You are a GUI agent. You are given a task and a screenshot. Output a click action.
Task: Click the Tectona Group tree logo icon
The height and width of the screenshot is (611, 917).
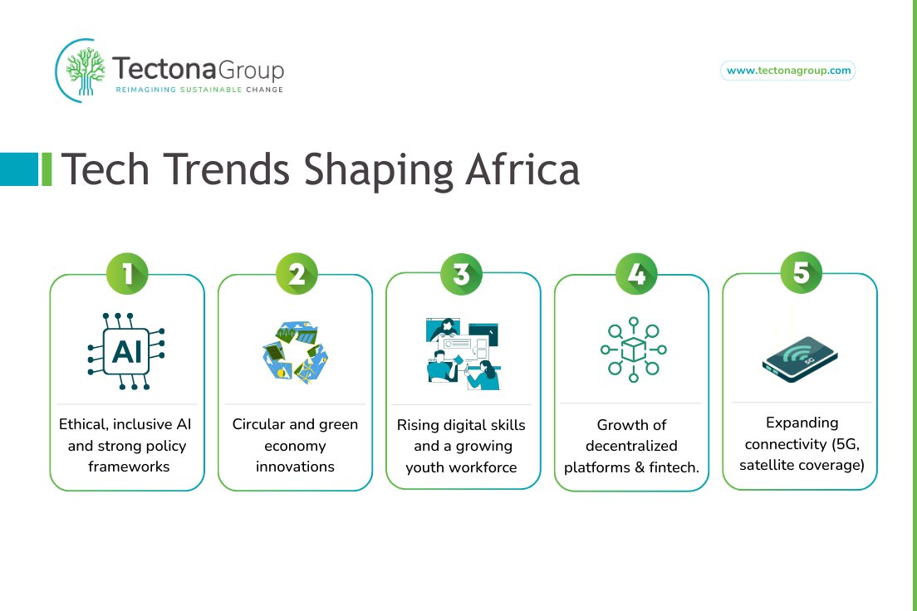[x=81, y=70]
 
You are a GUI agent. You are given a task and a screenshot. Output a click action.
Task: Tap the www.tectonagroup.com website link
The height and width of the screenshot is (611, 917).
[x=788, y=71]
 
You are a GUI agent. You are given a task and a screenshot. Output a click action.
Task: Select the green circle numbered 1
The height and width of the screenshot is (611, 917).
[x=127, y=275]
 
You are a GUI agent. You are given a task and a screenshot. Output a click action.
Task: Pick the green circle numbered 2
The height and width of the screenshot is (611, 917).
[x=296, y=275]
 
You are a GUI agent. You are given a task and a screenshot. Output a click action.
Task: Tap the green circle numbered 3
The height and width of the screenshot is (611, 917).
[x=463, y=273]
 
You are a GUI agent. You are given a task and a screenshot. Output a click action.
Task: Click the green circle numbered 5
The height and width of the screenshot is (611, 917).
[x=801, y=273]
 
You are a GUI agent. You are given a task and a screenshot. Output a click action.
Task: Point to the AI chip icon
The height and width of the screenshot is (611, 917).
[x=126, y=351]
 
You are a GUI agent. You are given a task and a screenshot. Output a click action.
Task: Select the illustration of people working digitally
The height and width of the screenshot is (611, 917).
[x=463, y=353]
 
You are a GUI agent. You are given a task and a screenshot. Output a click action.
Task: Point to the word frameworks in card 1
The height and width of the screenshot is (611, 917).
[x=129, y=467]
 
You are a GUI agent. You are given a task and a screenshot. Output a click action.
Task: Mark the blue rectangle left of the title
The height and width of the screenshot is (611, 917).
[x=19, y=169]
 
